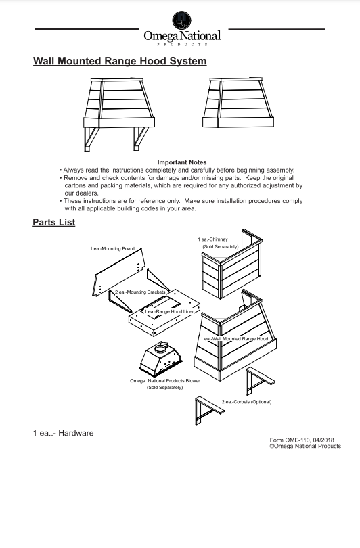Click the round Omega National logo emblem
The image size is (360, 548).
tap(182, 20)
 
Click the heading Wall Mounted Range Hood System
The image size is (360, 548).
tap(120, 61)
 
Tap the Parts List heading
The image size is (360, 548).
tap(54, 223)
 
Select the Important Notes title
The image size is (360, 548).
tap(182, 162)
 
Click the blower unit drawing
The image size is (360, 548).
tap(160, 359)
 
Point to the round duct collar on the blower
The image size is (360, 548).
tap(161, 348)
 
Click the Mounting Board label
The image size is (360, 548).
tap(112, 249)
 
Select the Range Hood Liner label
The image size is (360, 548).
tap(169, 311)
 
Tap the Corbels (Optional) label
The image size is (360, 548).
tap(246, 402)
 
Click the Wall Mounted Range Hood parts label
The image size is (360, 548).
tap(234, 339)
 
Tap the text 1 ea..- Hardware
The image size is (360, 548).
tap(63, 433)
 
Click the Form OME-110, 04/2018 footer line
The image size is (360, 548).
tap(302, 440)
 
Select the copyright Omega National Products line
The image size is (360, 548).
tap(305, 447)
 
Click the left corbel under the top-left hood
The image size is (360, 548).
tap(91, 139)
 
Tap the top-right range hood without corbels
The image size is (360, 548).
tap(238, 102)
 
